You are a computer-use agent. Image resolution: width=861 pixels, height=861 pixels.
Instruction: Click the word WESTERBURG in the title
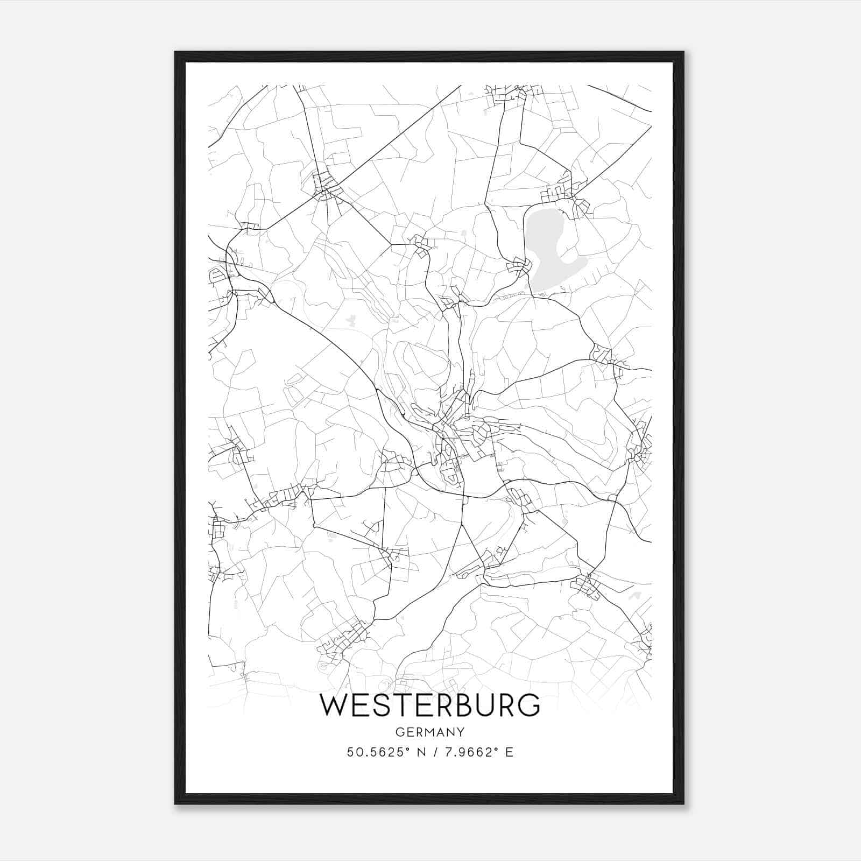430,705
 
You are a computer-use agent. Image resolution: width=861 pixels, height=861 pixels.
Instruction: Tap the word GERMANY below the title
430,732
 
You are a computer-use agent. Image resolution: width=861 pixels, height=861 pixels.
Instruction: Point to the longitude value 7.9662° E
476,752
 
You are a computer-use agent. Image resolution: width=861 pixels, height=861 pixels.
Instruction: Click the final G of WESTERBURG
528,705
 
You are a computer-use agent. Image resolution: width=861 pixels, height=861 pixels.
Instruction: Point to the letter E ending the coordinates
510,752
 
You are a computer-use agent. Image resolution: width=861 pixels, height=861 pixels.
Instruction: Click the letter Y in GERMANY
460,732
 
